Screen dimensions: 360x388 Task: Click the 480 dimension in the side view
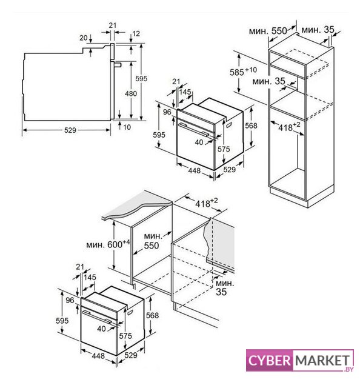131,93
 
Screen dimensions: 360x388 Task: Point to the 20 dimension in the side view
84,38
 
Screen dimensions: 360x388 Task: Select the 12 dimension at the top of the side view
136,33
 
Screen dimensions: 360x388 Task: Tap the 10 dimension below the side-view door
127,127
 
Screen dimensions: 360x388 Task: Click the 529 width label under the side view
70,130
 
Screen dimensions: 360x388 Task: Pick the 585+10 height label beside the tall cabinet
243,72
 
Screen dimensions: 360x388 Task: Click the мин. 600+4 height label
108,244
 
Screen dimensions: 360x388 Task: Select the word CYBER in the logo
269,360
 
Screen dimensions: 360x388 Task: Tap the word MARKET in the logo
322,360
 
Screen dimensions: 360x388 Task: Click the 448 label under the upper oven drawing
194,170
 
